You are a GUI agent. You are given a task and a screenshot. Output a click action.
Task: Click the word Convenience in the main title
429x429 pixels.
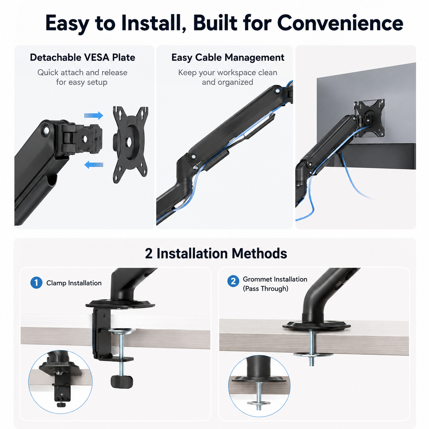(340, 23)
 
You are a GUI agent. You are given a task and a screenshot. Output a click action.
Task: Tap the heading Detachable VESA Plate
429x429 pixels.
(82, 57)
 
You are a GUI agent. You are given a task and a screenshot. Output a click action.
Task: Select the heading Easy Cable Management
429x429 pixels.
(227, 57)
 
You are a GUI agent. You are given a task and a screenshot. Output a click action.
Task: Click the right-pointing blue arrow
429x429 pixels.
(93, 116)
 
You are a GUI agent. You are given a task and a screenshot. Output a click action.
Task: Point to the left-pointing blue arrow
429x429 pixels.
(94, 165)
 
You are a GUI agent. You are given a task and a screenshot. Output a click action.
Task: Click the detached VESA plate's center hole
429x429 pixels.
(128, 141)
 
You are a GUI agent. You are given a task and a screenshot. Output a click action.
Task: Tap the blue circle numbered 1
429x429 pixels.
(36, 283)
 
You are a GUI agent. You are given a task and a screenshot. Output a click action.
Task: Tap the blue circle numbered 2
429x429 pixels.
(233, 281)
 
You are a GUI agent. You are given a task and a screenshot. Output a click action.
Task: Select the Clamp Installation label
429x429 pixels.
(74, 283)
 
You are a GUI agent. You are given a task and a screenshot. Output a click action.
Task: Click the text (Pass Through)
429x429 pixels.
(265, 289)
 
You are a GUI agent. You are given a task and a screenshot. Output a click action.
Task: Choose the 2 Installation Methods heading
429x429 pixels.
(216, 253)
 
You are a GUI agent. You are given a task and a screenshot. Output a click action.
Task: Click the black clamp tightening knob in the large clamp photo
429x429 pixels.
(121, 381)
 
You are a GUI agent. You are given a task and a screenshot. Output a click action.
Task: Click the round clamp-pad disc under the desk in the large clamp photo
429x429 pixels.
(121, 332)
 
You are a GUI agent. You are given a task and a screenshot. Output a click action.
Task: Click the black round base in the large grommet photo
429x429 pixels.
(316, 326)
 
